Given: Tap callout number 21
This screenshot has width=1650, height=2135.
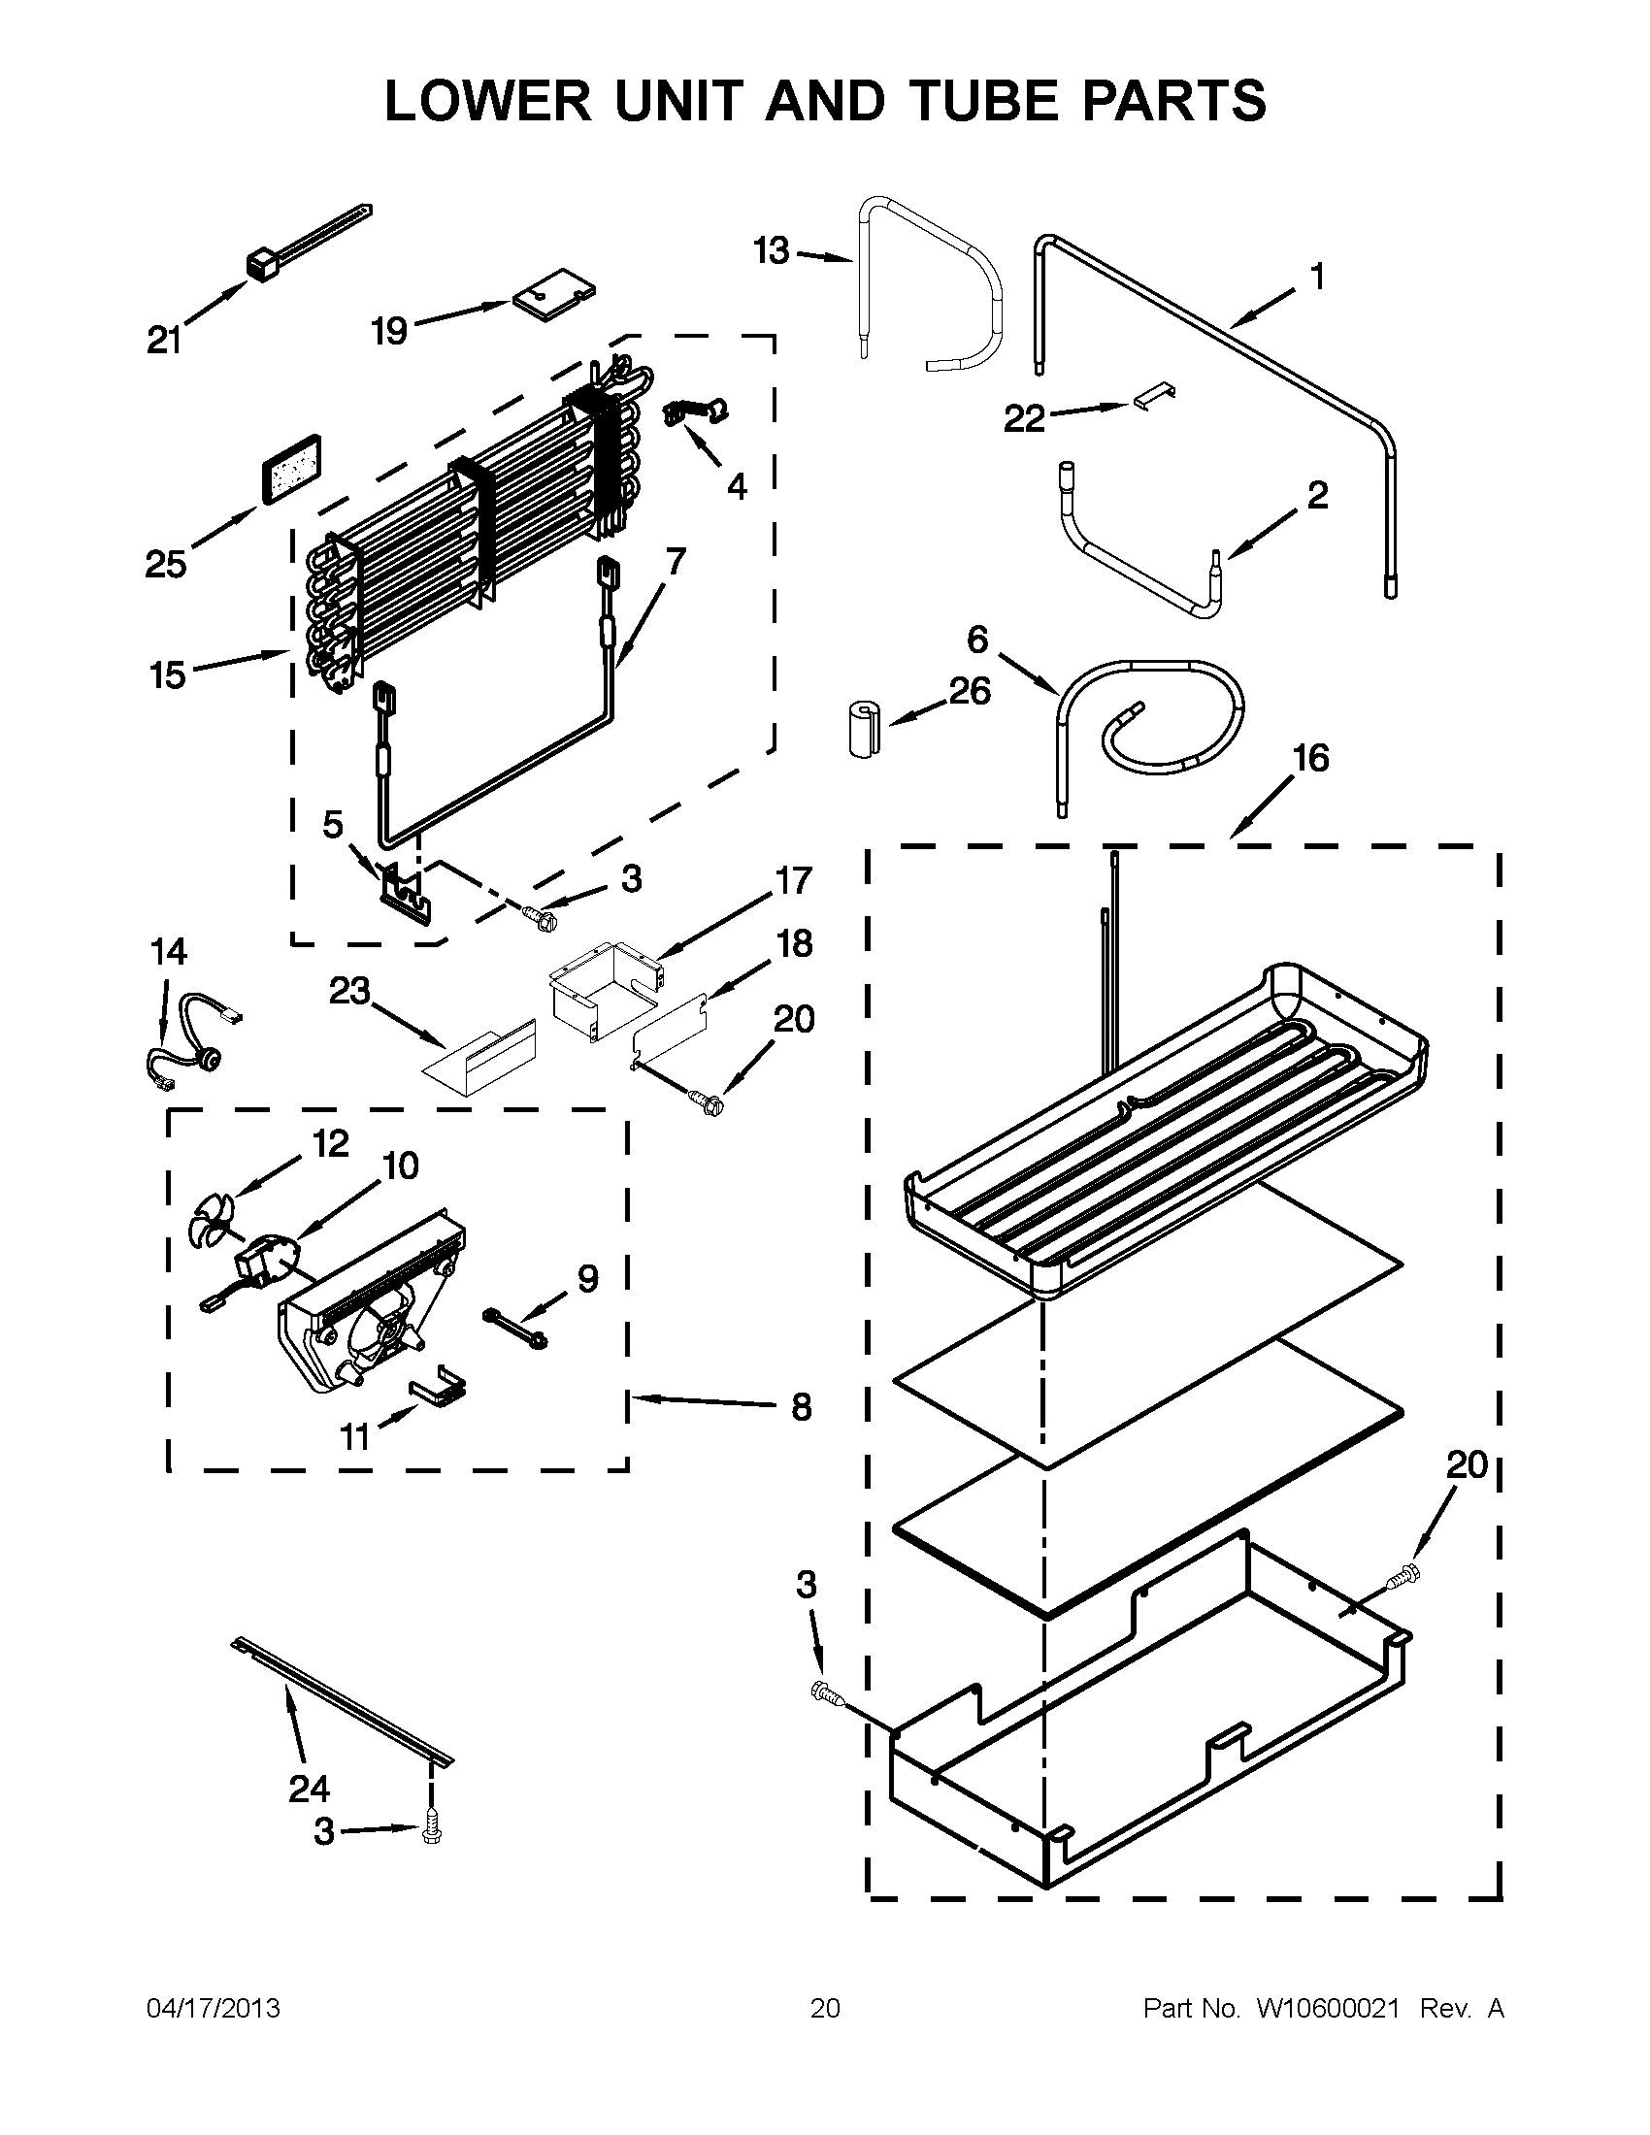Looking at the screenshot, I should (x=164, y=342).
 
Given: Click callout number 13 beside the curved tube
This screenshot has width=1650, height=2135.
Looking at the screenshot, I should (x=772, y=251).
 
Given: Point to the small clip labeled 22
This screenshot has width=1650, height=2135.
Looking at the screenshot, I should (x=1154, y=397).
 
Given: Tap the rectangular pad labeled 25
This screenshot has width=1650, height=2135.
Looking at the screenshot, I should (x=290, y=470).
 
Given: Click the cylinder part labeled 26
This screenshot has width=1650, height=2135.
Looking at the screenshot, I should (x=862, y=728).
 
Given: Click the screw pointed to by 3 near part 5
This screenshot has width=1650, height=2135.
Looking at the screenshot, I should (x=539, y=917).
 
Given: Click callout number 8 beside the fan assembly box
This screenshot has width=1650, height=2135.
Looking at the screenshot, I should (x=801, y=1407).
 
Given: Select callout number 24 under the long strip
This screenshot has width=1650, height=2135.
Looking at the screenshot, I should (x=309, y=1788).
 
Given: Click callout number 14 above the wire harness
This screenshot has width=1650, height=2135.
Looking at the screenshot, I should (x=168, y=951).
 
